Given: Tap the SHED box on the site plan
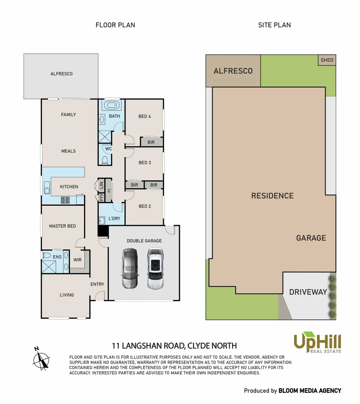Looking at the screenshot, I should (327, 60).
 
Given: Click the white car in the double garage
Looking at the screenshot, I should (156, 269).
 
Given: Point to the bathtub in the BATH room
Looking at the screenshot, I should (111, 105).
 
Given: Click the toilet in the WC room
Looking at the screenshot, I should (105, 160).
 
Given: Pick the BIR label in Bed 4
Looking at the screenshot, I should (151, 142).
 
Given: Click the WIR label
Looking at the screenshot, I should (78, 260).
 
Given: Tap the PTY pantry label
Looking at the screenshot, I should (101, 197).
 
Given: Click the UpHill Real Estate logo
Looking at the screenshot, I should (317, 342).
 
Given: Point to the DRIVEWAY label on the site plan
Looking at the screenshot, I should (308, 292).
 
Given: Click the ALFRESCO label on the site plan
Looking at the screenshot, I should (233, 71).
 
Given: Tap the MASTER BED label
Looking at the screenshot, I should (62, 226).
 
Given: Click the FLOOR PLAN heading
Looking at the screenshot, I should (115, 25).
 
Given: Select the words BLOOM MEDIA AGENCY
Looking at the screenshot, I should (310, 391).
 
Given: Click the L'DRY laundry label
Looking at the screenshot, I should (114, 218).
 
